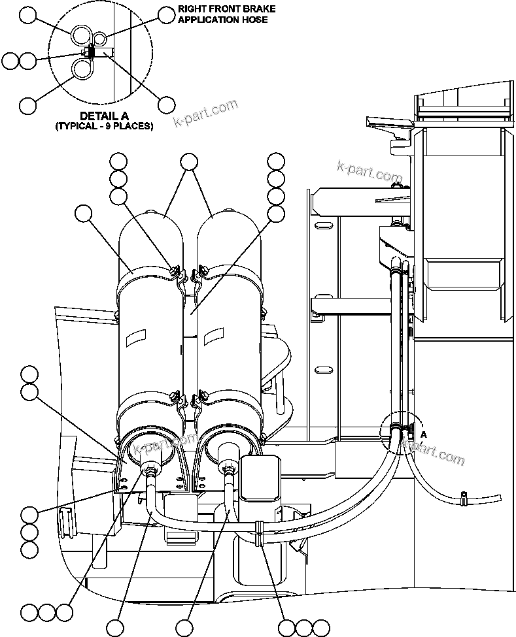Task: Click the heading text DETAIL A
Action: [x=104, y=116]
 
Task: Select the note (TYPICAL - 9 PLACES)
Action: [x=104, y=126]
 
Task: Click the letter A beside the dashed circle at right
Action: [x=424, y=434]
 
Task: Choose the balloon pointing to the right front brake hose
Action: [x=167, y=14]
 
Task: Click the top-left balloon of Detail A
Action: [x=28, y=14]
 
